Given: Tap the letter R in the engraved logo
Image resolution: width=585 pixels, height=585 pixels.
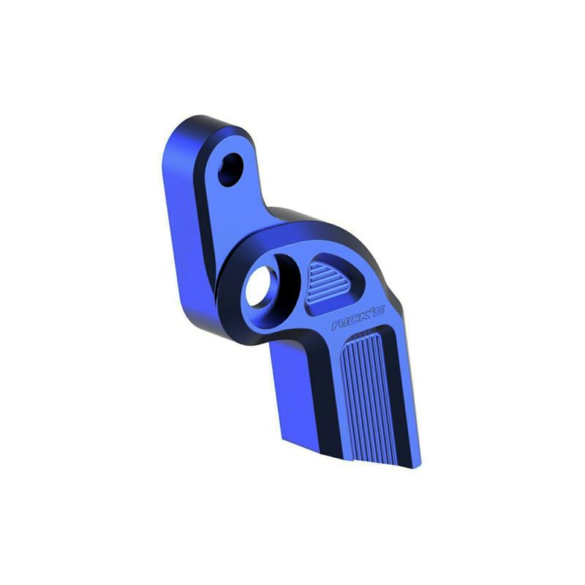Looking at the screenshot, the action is coord(337,325).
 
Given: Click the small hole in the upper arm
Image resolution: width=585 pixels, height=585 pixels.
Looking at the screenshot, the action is coord(230,170).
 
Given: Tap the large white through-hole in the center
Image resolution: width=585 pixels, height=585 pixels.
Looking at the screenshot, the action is coord(260,286).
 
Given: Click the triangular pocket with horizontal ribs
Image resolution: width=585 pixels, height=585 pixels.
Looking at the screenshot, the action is coord(330,283).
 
